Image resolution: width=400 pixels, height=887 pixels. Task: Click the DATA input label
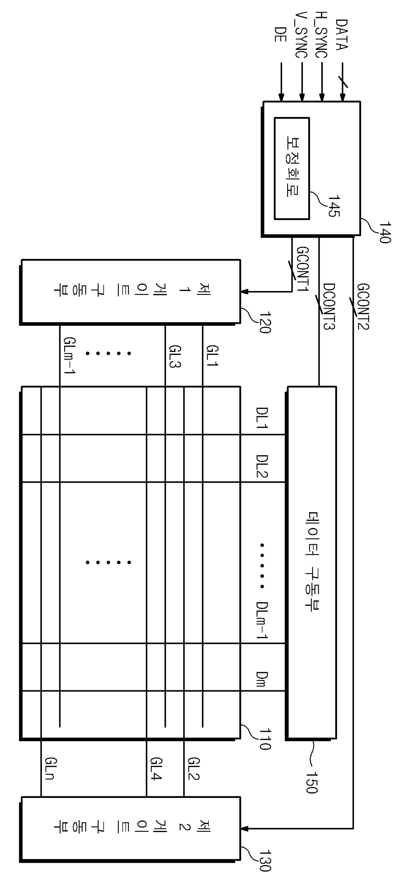coord(342,35)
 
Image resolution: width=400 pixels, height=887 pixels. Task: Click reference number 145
coord(334,206)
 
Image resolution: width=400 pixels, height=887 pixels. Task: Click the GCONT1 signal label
coord(303,269)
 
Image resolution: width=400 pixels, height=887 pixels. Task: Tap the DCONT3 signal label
coord(329,306)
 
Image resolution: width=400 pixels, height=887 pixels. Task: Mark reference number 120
coord(265,322)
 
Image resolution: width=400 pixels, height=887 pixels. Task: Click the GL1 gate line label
coord(212,356)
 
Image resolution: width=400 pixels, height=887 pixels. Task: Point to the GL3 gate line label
coord(175,356)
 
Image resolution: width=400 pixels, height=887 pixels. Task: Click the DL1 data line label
coord(262,418)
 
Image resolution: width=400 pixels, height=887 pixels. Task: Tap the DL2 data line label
coord(262,466)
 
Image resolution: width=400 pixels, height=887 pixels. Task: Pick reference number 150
coord(312,783)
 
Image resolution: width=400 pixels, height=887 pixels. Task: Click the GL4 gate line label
coord(156,769)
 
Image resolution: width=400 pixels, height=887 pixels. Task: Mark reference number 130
coord(265,861)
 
